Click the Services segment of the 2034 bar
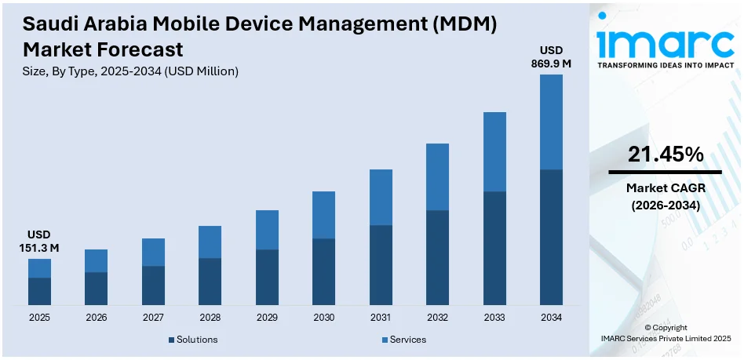pos(551,122)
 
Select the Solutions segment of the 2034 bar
pos(551,237)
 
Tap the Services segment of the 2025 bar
pos(39,268)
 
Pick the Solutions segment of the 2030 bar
pos(323,271)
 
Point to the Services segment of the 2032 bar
pos(437,176)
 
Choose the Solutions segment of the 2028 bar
pos(210,281)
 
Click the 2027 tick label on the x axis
pos(153,318)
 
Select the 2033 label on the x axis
pos(494,318)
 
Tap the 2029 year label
pos(267,318)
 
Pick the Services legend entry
pos(407,340)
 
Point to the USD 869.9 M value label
pos(551,56)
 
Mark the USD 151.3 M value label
pos(39,242)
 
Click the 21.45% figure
pos(666,155)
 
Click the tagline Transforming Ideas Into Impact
pos(666,66)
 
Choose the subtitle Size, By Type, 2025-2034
pos(130,71)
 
